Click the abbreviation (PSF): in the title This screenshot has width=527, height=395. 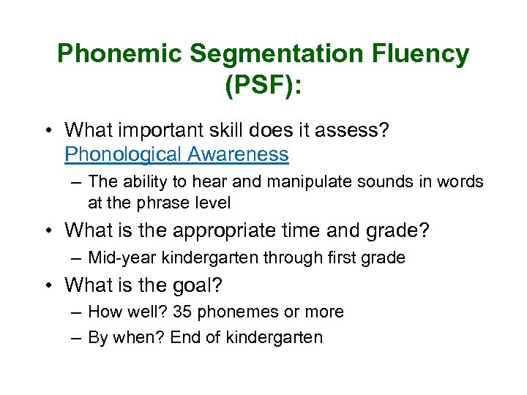(263, 86)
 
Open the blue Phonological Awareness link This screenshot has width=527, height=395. (176, 154)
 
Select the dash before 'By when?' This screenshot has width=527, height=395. (77, 337)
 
